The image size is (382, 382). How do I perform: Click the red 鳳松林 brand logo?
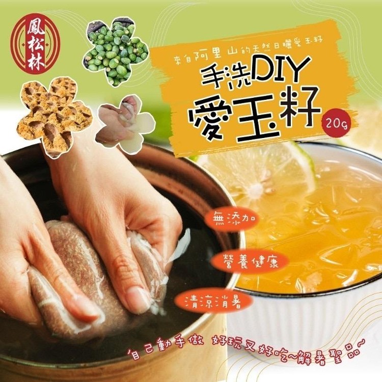tap(35, 43)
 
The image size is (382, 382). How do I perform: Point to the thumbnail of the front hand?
tap(137, 295)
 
